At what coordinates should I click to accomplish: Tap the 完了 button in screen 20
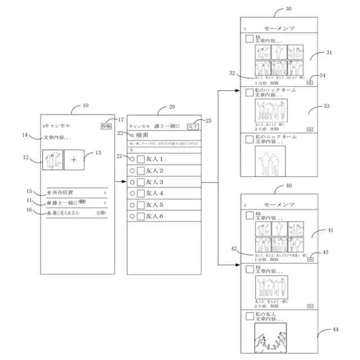point(193,127)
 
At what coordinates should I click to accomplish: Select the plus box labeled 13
point(74,160)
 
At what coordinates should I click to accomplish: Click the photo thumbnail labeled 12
point(52,160)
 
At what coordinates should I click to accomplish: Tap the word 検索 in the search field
point(143,136)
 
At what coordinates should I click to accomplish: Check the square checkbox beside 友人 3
point(141,182)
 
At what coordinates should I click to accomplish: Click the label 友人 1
point(154,159)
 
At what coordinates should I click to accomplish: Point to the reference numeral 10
point(85,106)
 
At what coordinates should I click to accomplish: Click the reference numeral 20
point(172,106)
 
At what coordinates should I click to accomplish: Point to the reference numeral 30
point(289,10)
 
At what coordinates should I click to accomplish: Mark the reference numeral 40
point(289,186)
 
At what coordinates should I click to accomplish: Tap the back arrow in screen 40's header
point(245,204)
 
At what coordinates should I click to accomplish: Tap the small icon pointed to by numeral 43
point(310,259)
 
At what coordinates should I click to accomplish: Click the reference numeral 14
point(25,135)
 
